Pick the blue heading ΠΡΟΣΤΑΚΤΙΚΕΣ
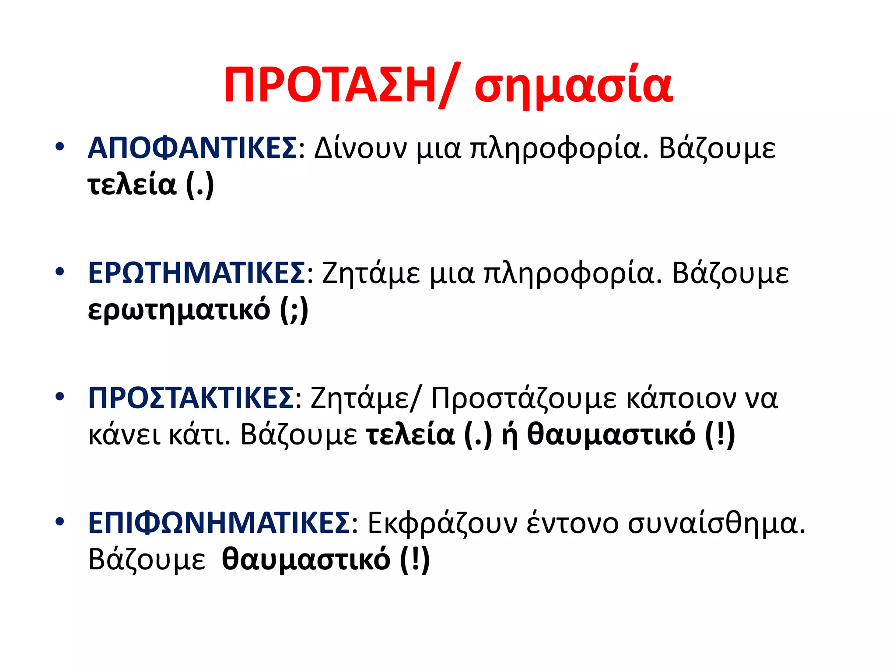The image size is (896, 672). [x=191, y=398]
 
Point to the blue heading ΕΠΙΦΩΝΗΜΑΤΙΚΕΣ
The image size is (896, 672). [x=219, y=523]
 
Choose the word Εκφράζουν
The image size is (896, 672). [x=442, y=523]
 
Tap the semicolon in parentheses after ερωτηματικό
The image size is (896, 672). [x=294, y=310]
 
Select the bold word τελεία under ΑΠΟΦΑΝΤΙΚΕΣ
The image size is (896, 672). [x=132, y=185]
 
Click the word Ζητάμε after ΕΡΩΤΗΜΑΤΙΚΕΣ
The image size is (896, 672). [x=371, y=273]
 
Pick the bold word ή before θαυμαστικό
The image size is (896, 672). [x=509, y=434]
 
